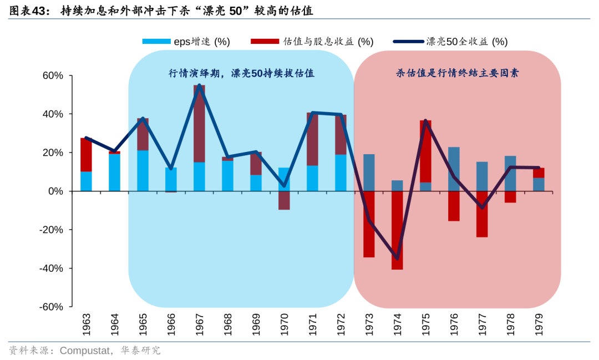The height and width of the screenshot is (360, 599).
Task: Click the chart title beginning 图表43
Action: click(x=161, y=11)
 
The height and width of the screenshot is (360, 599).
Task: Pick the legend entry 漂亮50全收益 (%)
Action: click(x=449, y=42)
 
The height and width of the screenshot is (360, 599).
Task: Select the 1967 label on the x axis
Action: click(x=199, y=323)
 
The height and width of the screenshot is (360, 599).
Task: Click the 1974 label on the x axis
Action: click(x=397, y=323)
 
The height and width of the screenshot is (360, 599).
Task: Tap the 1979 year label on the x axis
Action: click(x=539, y=323)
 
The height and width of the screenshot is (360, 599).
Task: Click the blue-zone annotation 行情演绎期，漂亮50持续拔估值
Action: click(x=241, y=73)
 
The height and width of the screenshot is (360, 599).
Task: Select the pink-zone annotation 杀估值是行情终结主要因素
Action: click(x=457, y=73)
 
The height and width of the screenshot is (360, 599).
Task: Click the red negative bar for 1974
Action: click(x=397, y=230)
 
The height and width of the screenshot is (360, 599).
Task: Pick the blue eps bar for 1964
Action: click(x=114, y=173)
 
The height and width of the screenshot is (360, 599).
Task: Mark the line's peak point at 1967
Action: click(x=199, y=85)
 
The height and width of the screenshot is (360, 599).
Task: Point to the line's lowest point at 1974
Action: click(x=397, y=258)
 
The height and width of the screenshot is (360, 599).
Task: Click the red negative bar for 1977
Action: click(x=482, y=214)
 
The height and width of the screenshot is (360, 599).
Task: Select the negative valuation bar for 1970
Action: click(x=284, y=200)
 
